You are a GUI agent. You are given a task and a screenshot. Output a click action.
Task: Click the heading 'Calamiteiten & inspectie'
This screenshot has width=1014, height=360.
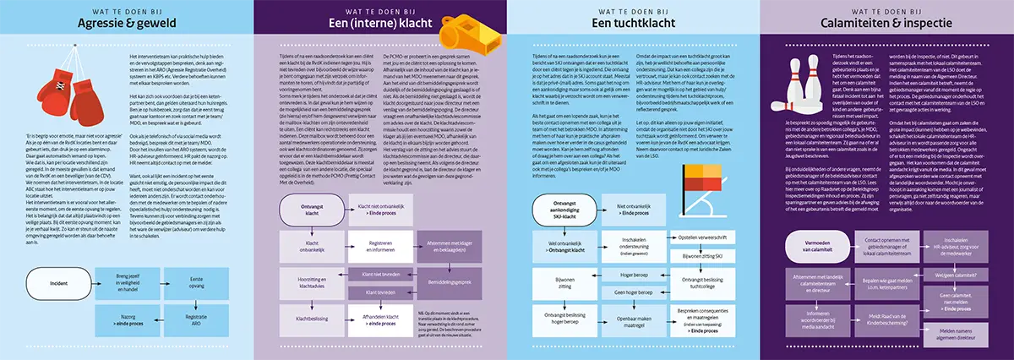[887, 24]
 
